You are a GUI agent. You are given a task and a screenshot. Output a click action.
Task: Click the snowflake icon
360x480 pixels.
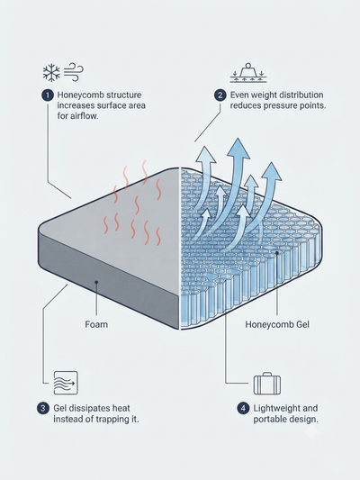point(51,73)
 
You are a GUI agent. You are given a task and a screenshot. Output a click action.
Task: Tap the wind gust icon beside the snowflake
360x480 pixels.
point(74,72)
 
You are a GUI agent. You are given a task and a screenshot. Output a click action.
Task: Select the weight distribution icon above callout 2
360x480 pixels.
point(248,73)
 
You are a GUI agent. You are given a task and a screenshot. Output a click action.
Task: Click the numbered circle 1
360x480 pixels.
point(48,95)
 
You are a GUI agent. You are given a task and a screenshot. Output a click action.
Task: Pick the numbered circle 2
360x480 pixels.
point(220,95)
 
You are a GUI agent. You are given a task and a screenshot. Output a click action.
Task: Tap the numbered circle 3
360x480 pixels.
point(43,408)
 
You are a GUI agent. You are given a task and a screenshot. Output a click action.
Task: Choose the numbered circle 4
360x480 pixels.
point(243,408)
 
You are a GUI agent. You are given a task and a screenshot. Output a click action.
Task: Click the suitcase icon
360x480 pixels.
point(267,384)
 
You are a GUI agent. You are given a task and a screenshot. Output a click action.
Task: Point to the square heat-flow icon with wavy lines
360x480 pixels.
point(66,383)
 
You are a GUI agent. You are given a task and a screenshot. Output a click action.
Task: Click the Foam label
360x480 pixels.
point(96,324)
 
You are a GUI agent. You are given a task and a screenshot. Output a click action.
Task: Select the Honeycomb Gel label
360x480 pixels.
point(277,324)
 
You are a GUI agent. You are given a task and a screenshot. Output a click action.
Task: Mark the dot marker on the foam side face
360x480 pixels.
point(96,282)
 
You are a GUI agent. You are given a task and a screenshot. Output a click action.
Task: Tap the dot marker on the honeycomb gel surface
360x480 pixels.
point(277,253)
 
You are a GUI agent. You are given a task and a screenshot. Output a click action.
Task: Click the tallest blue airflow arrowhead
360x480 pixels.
point(238,149)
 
